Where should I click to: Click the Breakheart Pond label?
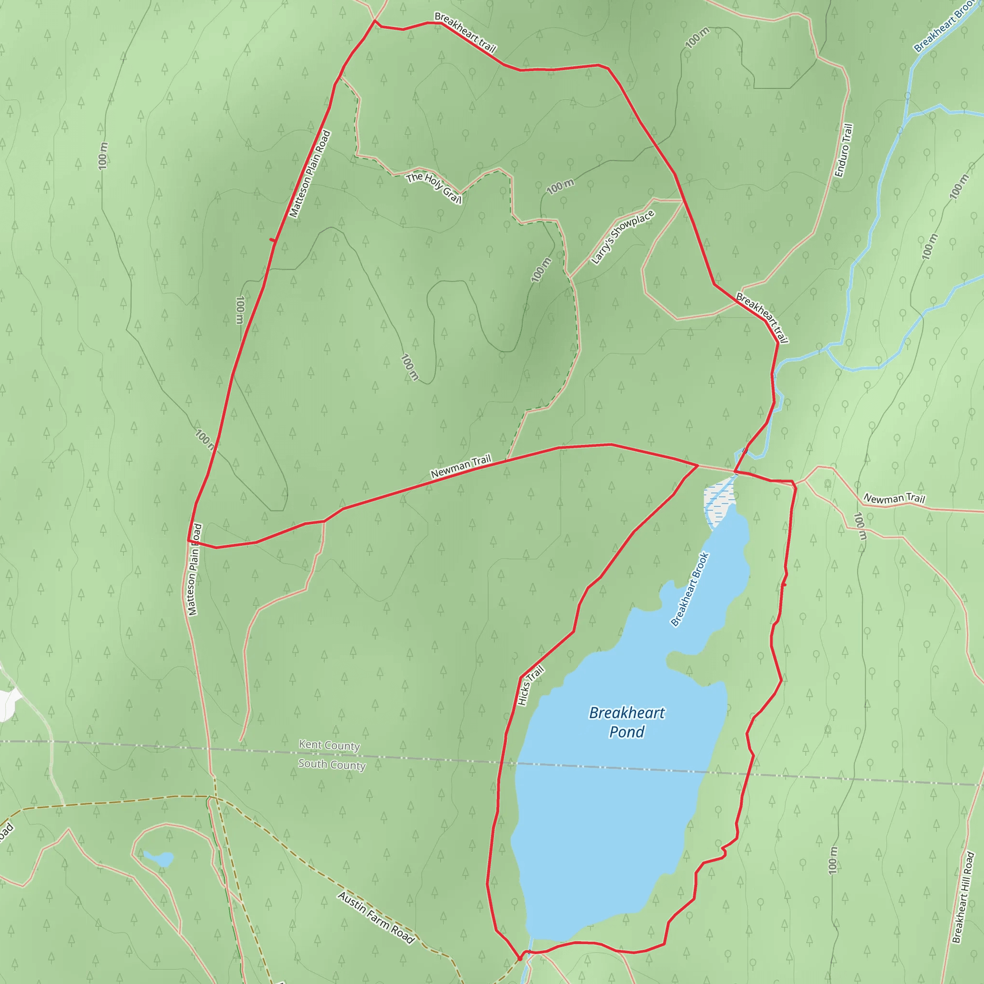tap(627, 722)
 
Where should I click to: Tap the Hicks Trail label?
tap(531, 686)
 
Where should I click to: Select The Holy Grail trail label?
tap(434, 188)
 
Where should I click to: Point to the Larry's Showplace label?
tap(622, 237)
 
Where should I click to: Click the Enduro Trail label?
tap(843, 150)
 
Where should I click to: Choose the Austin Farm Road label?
tap(376, 917)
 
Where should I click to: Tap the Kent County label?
tap(329, 745)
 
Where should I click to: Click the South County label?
tap(332, 764)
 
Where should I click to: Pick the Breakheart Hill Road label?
tap(963, 897)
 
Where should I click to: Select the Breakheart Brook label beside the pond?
tap(689, 589)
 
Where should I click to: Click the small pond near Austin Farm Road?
tap(160, 859)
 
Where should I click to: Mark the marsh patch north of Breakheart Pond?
tap(718, 505)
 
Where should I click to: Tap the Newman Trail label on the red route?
tap(460, 467)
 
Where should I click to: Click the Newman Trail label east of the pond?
tap(894, 499)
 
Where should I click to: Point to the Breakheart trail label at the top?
tap(465, 33)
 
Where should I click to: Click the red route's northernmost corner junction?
tap(375, 22)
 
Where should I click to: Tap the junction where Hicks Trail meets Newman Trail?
tap(697, 465)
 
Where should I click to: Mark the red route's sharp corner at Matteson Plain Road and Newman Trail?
tap(188, 541)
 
